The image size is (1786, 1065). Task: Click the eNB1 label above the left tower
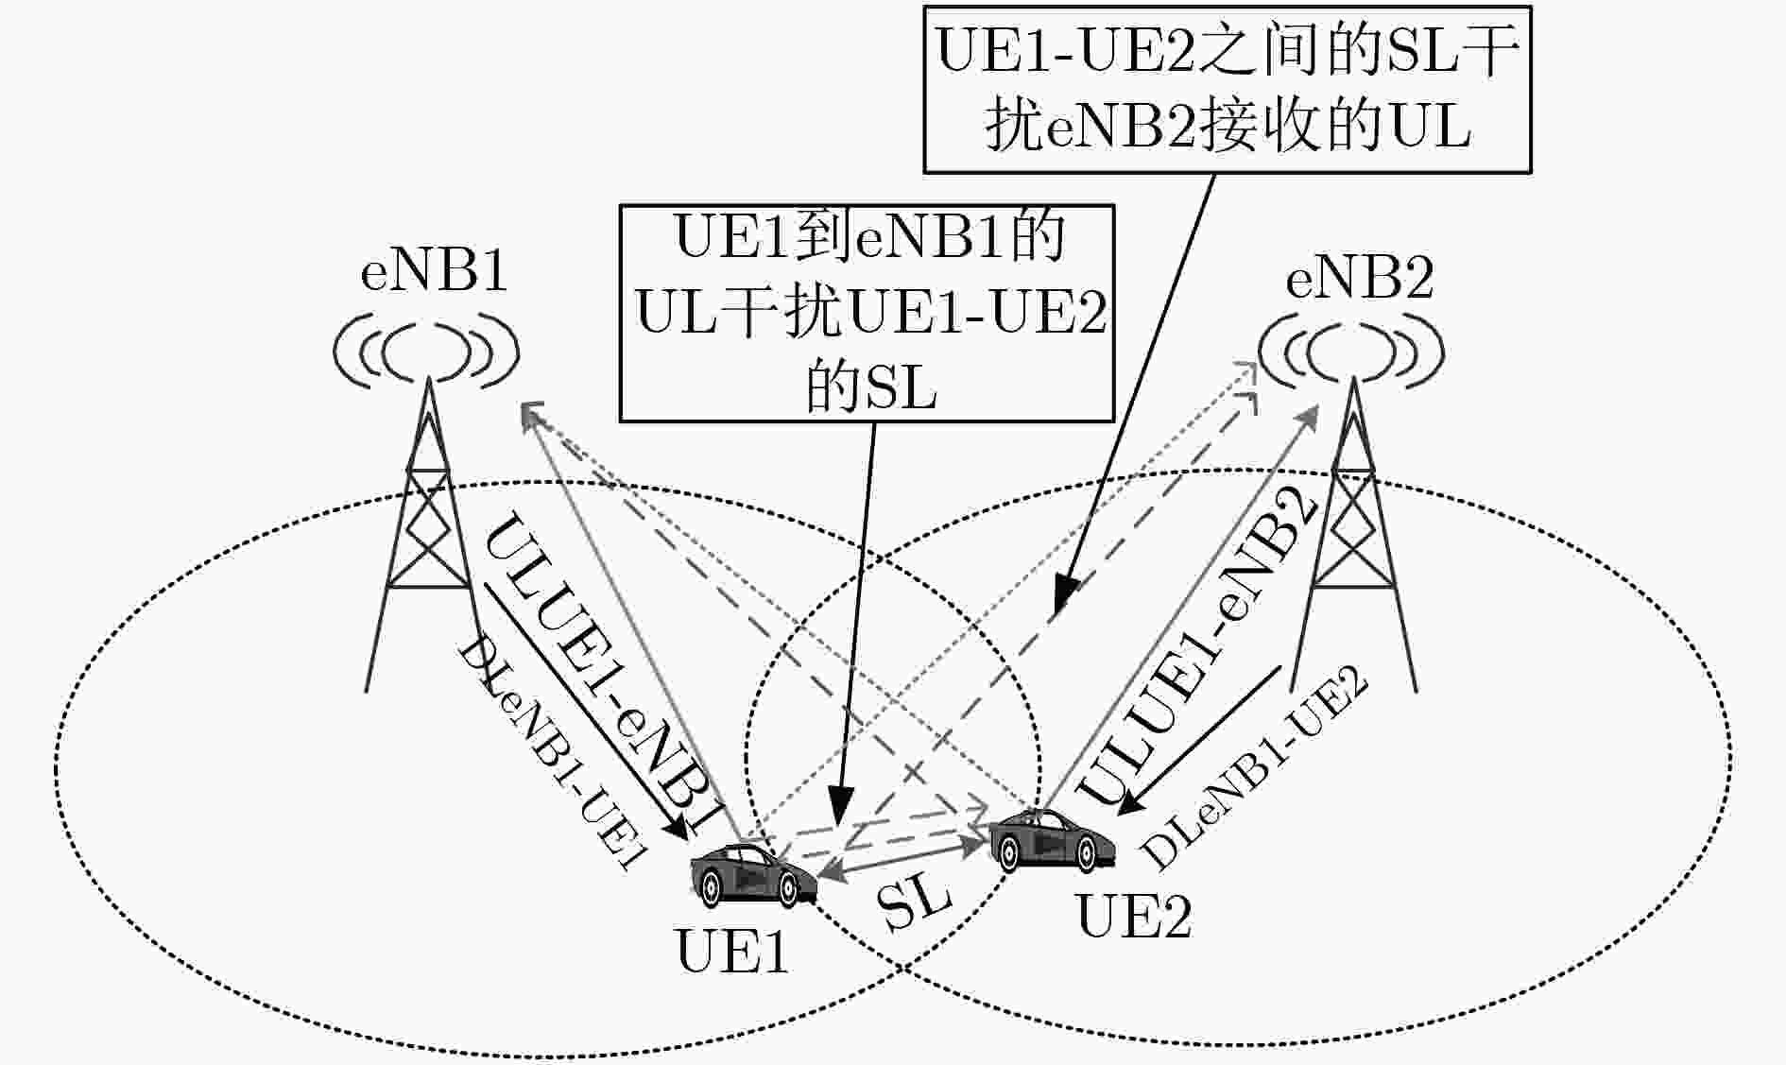point(434,271)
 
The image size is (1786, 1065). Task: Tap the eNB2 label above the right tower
point(1360,279)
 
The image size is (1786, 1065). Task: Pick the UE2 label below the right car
point(1134,915)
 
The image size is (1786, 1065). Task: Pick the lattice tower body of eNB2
point(1354,534)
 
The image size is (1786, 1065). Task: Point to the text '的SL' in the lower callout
point(870,386)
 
